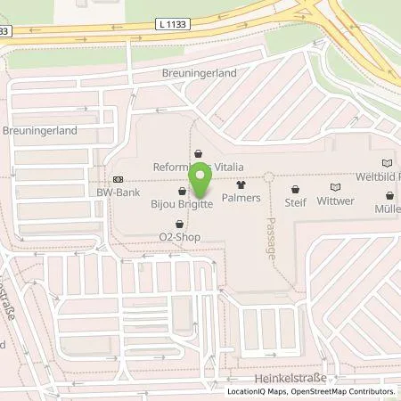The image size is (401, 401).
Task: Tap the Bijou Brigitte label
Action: point(182,203)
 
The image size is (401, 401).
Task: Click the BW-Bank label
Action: point(119,191)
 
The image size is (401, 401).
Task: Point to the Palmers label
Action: point(241,197)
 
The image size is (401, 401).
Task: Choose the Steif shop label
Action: point(295,201)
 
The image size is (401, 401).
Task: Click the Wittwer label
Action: point(335,201)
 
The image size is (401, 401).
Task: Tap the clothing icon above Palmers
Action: point(241,184)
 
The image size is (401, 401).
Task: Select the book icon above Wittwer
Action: point(335,188)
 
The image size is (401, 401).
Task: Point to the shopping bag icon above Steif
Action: point(295,189)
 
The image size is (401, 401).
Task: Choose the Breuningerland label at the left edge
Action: point(39,130)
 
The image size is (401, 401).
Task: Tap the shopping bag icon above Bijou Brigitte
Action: point(182,191)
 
